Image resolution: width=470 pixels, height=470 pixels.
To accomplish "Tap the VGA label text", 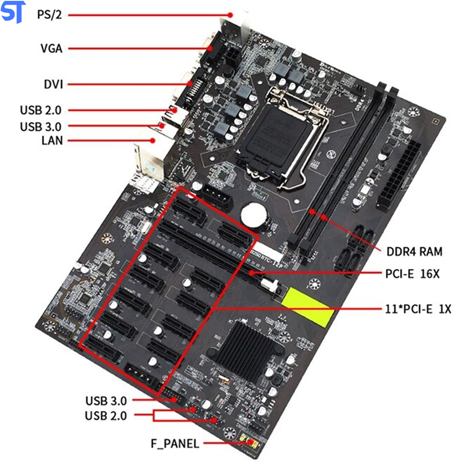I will (51, 48).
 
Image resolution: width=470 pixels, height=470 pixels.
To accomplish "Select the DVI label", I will (52, 85).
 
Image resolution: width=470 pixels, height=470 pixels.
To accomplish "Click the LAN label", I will (52, 140).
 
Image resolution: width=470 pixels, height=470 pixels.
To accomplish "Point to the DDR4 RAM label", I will (414, 251).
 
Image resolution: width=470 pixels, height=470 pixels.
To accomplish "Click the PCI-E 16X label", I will (412, 274).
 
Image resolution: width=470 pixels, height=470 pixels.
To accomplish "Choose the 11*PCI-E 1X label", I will (418, 309).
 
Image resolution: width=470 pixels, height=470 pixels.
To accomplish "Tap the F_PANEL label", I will (174, 443).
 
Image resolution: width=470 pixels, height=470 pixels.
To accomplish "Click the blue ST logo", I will (13, 12).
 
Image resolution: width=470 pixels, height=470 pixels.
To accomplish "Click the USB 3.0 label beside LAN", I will (40, 126).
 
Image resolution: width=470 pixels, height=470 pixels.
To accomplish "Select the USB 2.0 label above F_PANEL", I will (106, 415).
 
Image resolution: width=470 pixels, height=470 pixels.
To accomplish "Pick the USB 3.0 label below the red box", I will (106, 401).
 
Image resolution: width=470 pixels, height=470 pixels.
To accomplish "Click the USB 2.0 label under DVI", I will (40, 110).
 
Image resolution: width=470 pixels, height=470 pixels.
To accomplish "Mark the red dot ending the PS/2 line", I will (231, 15).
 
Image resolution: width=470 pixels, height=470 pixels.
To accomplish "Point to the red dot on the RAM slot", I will (324, 217).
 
